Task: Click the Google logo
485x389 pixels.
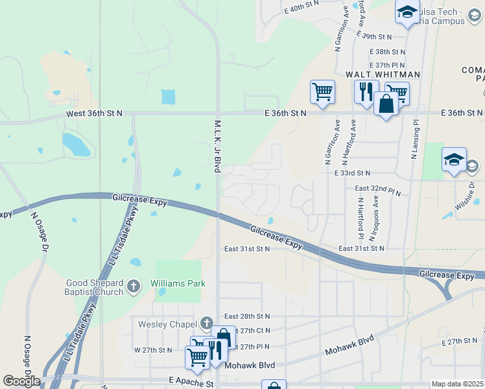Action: click(21, 381)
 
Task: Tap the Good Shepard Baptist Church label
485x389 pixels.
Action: click(95, 287)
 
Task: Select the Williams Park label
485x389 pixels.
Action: click(178, 283)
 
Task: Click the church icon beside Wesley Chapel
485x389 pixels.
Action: click(207, 323)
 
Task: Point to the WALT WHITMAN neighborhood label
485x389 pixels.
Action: click(383, 75)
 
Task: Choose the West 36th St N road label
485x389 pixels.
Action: click(94, 113)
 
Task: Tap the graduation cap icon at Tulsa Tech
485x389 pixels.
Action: click(407, 12)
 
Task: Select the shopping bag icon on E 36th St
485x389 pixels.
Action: click(386, 103)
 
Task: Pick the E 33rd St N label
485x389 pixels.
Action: click(352, 173)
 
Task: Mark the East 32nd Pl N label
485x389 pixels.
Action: click(378, 189)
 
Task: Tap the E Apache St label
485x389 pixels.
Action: click(191, 384)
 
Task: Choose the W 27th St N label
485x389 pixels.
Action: click(154, 350)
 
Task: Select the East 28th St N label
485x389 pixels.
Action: click(246, 316)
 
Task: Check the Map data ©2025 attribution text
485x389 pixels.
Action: click(458, 384)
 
